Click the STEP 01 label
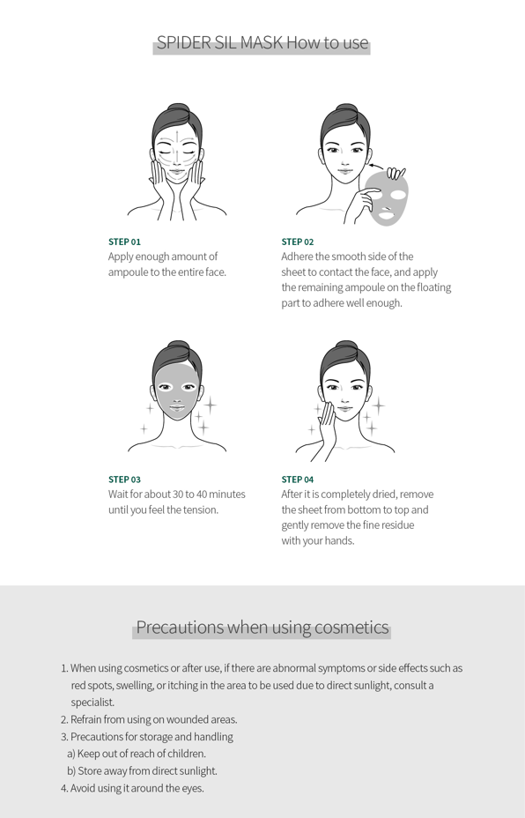click(x=124, y=242)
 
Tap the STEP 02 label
click(x=298, y=242)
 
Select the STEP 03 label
click(x=124, y=480)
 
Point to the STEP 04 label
click(x=298, y=480)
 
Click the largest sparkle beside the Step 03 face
click(x=211, y=405)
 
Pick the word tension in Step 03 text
click(x=200, y=509)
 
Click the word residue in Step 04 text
click(x=398, y=524)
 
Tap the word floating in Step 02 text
click(x=432, y=287)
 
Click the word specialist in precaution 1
click(x=92, y=703)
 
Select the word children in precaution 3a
click(x=187, y=754)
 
